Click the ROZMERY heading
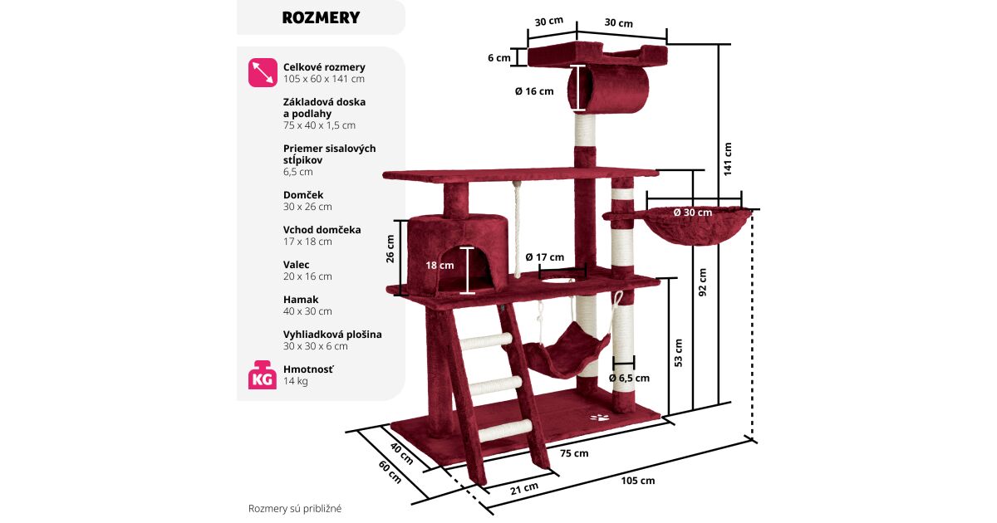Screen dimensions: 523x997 (321, 17)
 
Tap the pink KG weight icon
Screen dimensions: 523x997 (262, 375)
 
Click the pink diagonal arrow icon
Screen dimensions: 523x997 (262, 73)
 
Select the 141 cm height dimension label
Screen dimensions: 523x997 (728, 159)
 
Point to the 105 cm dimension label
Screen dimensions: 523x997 (637, 481)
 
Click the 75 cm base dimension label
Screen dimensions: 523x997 (573, 453)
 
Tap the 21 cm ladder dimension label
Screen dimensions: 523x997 (523, 488)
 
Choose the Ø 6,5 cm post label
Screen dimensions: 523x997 (628, 378)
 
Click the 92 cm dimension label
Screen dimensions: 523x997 (703, 281)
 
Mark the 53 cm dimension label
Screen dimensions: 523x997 (678, 352)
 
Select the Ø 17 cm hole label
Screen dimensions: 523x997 (544, 257)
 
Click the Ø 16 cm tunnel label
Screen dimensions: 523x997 (533, 91)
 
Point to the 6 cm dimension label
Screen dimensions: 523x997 (498, 58)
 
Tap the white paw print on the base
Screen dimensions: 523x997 (598, 416)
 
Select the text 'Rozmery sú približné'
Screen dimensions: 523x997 (295, 508)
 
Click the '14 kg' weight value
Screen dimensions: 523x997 (296, 381)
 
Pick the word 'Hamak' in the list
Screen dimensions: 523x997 (301, 300)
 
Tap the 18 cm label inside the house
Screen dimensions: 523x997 (440, 266)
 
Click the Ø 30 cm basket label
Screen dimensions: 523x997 (692, 213)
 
